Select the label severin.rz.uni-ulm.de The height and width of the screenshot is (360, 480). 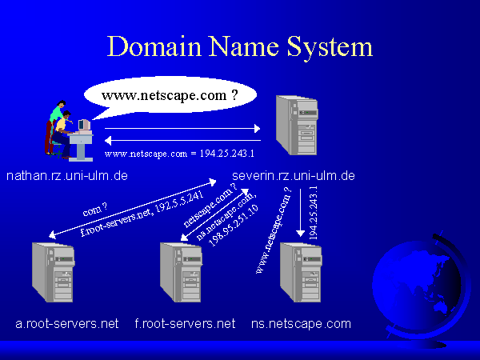[x=294, y=174]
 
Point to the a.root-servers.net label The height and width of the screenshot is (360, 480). [x=67, y=323]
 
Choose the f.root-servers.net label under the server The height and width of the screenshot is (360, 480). [x=185, y=323]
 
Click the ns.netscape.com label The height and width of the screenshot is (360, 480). [x=301, y=323]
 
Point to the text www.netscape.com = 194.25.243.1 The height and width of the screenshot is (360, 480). [x=179, y=153]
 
